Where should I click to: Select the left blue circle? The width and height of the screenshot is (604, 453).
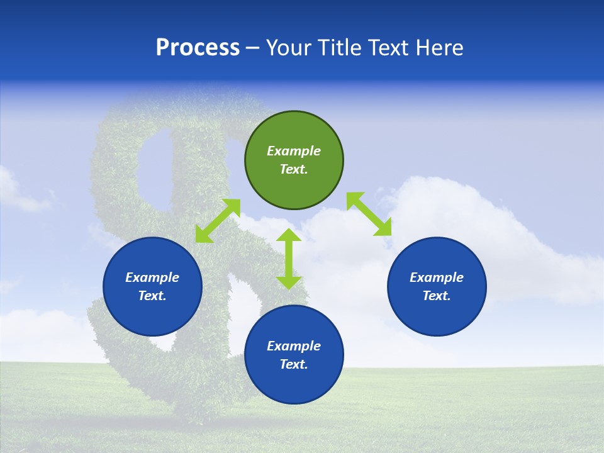tap(152, 286)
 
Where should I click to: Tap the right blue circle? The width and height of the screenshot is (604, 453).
tap(437, 286)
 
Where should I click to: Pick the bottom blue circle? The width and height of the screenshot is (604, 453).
tap(294, 355)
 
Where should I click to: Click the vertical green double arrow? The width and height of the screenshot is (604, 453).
tap(289, 259)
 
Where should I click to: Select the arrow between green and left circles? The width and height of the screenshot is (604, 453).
tap(218, 221)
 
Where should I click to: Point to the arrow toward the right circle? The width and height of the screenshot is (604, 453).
tap(369, 214)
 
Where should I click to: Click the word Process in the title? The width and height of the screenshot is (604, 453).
tap(198, 48)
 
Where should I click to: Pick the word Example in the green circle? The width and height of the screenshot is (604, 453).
tap(294, 151)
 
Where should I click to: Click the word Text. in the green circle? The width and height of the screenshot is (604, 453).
tap(294, 169)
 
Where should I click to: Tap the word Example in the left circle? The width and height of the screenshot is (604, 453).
tap(152, 277)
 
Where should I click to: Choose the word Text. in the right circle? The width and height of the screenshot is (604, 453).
tap(437, 296)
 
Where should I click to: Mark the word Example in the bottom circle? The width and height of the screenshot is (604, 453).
tap(294, 346)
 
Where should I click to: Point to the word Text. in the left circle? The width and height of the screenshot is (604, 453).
tap(152, 296)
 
